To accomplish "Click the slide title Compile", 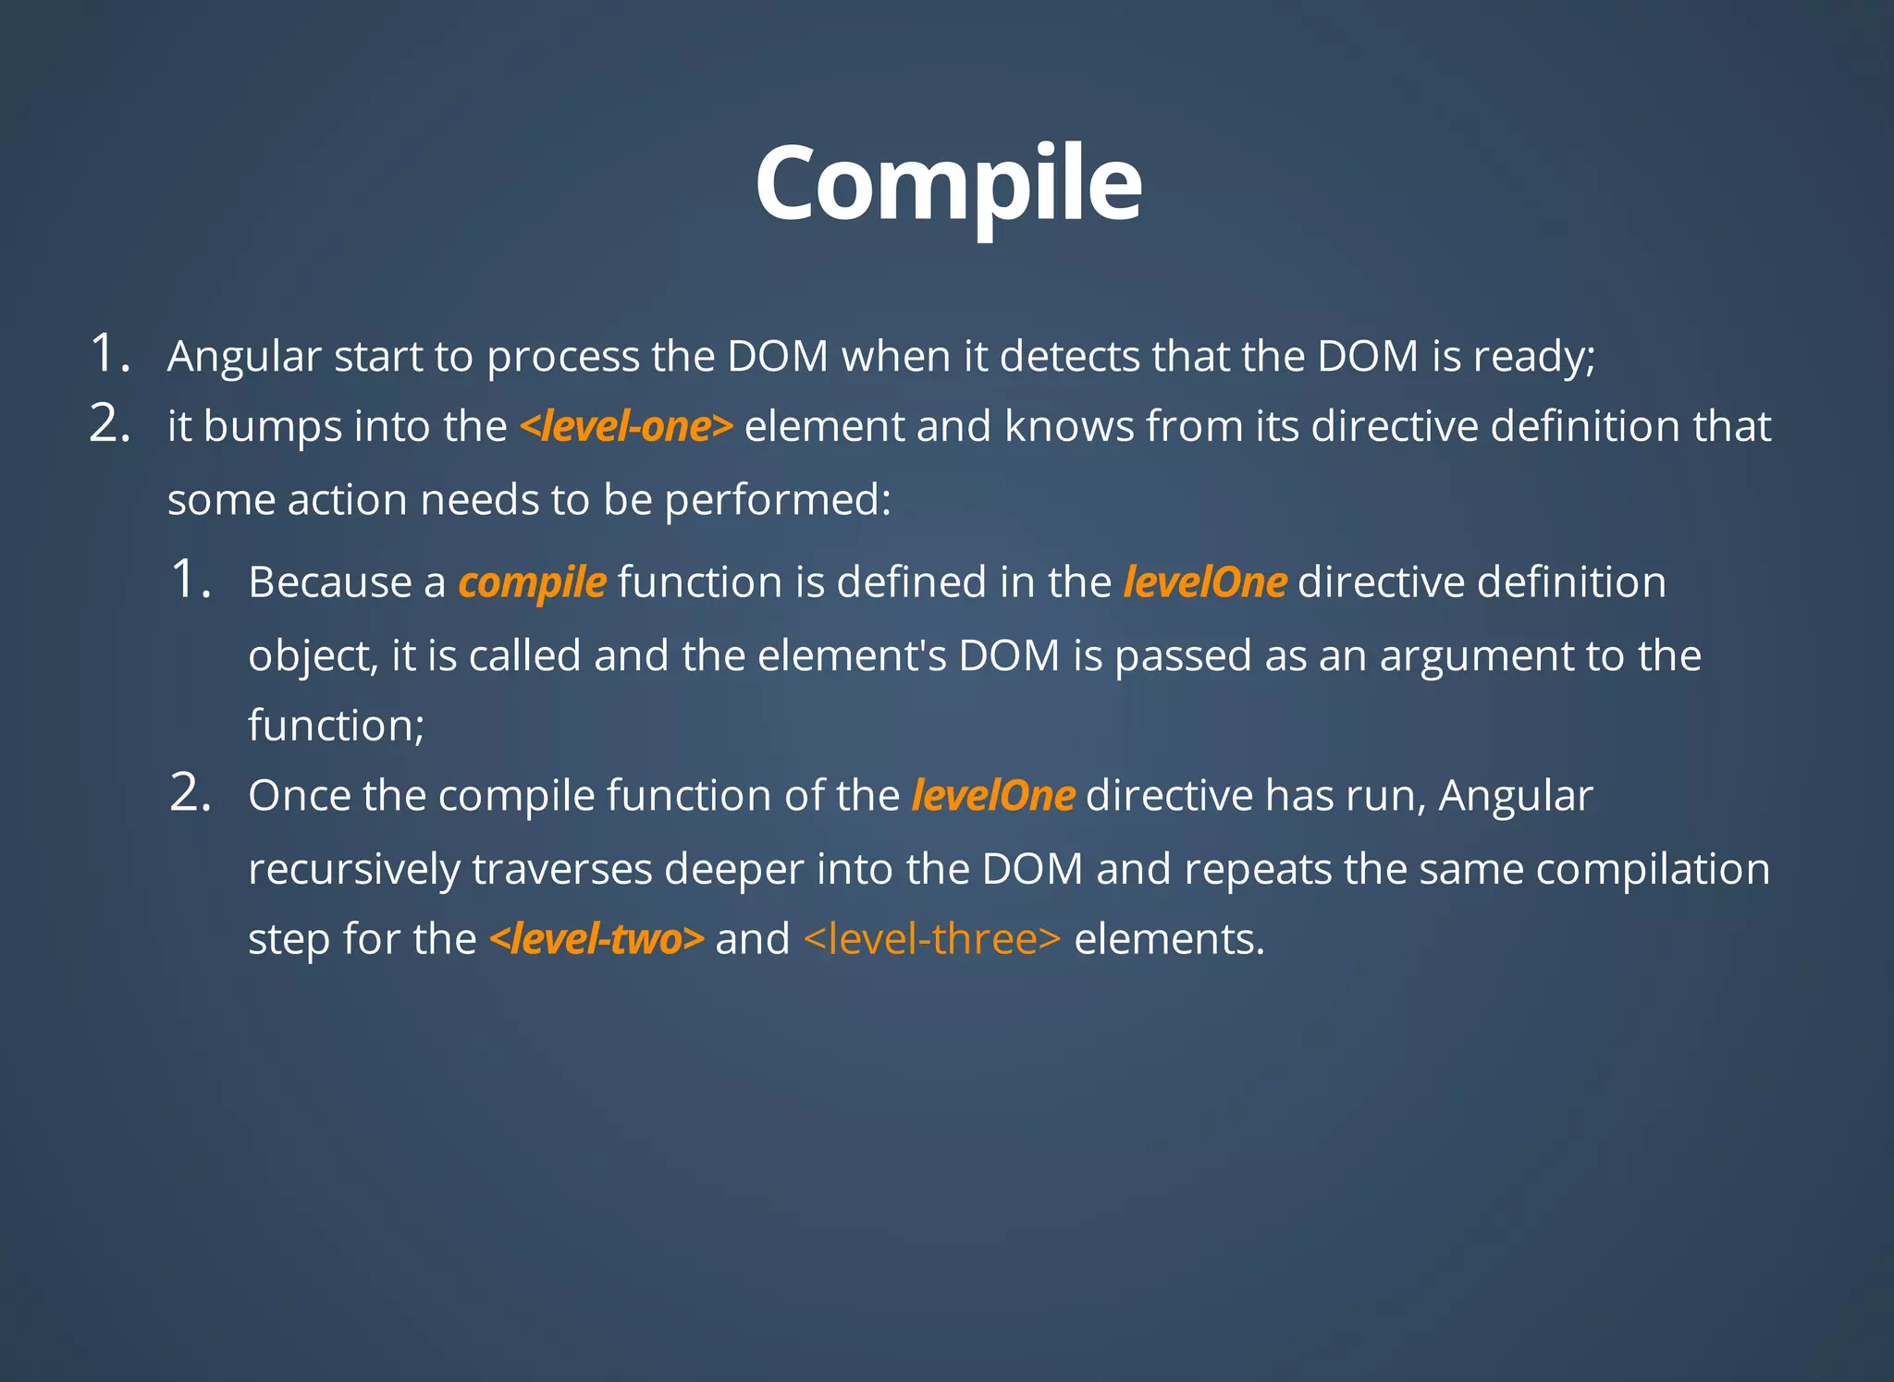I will pyautogui.click(x=948, y=185).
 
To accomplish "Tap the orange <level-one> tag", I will pyautogui.click(x=626, y=427).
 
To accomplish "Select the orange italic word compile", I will pyautogui.click(x=532, y=583).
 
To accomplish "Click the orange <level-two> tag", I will pyautogui.click(x=596, y=939).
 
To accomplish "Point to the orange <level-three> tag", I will pyautogui.click(x=932, y=939).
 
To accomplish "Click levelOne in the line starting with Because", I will pyautogui.click(x=1204, y=583).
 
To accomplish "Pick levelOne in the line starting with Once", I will pyautogui.click(x=992, y=796).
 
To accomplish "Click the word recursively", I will pyautogui.click(x=353, y=870).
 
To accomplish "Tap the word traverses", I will pyautogui.click(x=561, y=869).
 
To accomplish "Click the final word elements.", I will pyautogui.click(x=1169, y=939).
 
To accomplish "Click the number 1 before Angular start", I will pyautogui.click(x=106, y=354).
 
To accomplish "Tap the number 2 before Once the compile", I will pyautogui.click(x=189, y=793).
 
